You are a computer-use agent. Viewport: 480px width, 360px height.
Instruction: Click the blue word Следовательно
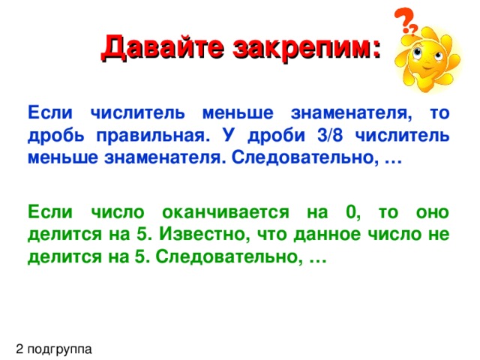pos(307,159)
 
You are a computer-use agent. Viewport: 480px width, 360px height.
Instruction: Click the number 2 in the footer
pos(19,348)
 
